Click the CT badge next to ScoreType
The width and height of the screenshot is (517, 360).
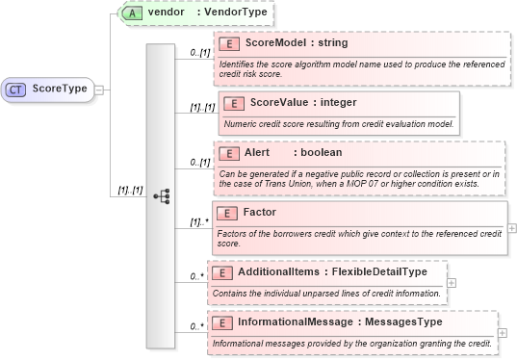pos(16,89)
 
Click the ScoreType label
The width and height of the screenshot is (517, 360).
pos(60,89)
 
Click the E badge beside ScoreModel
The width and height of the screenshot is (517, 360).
pos(228,43)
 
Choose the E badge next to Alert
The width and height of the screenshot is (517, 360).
pos(228,153)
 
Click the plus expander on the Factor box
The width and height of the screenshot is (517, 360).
pos(511,228)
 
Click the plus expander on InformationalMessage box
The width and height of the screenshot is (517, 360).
pos(503,332)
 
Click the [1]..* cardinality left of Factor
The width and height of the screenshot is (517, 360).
pos(200,223)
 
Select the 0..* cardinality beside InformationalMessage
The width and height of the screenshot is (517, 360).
pos(195,326)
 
